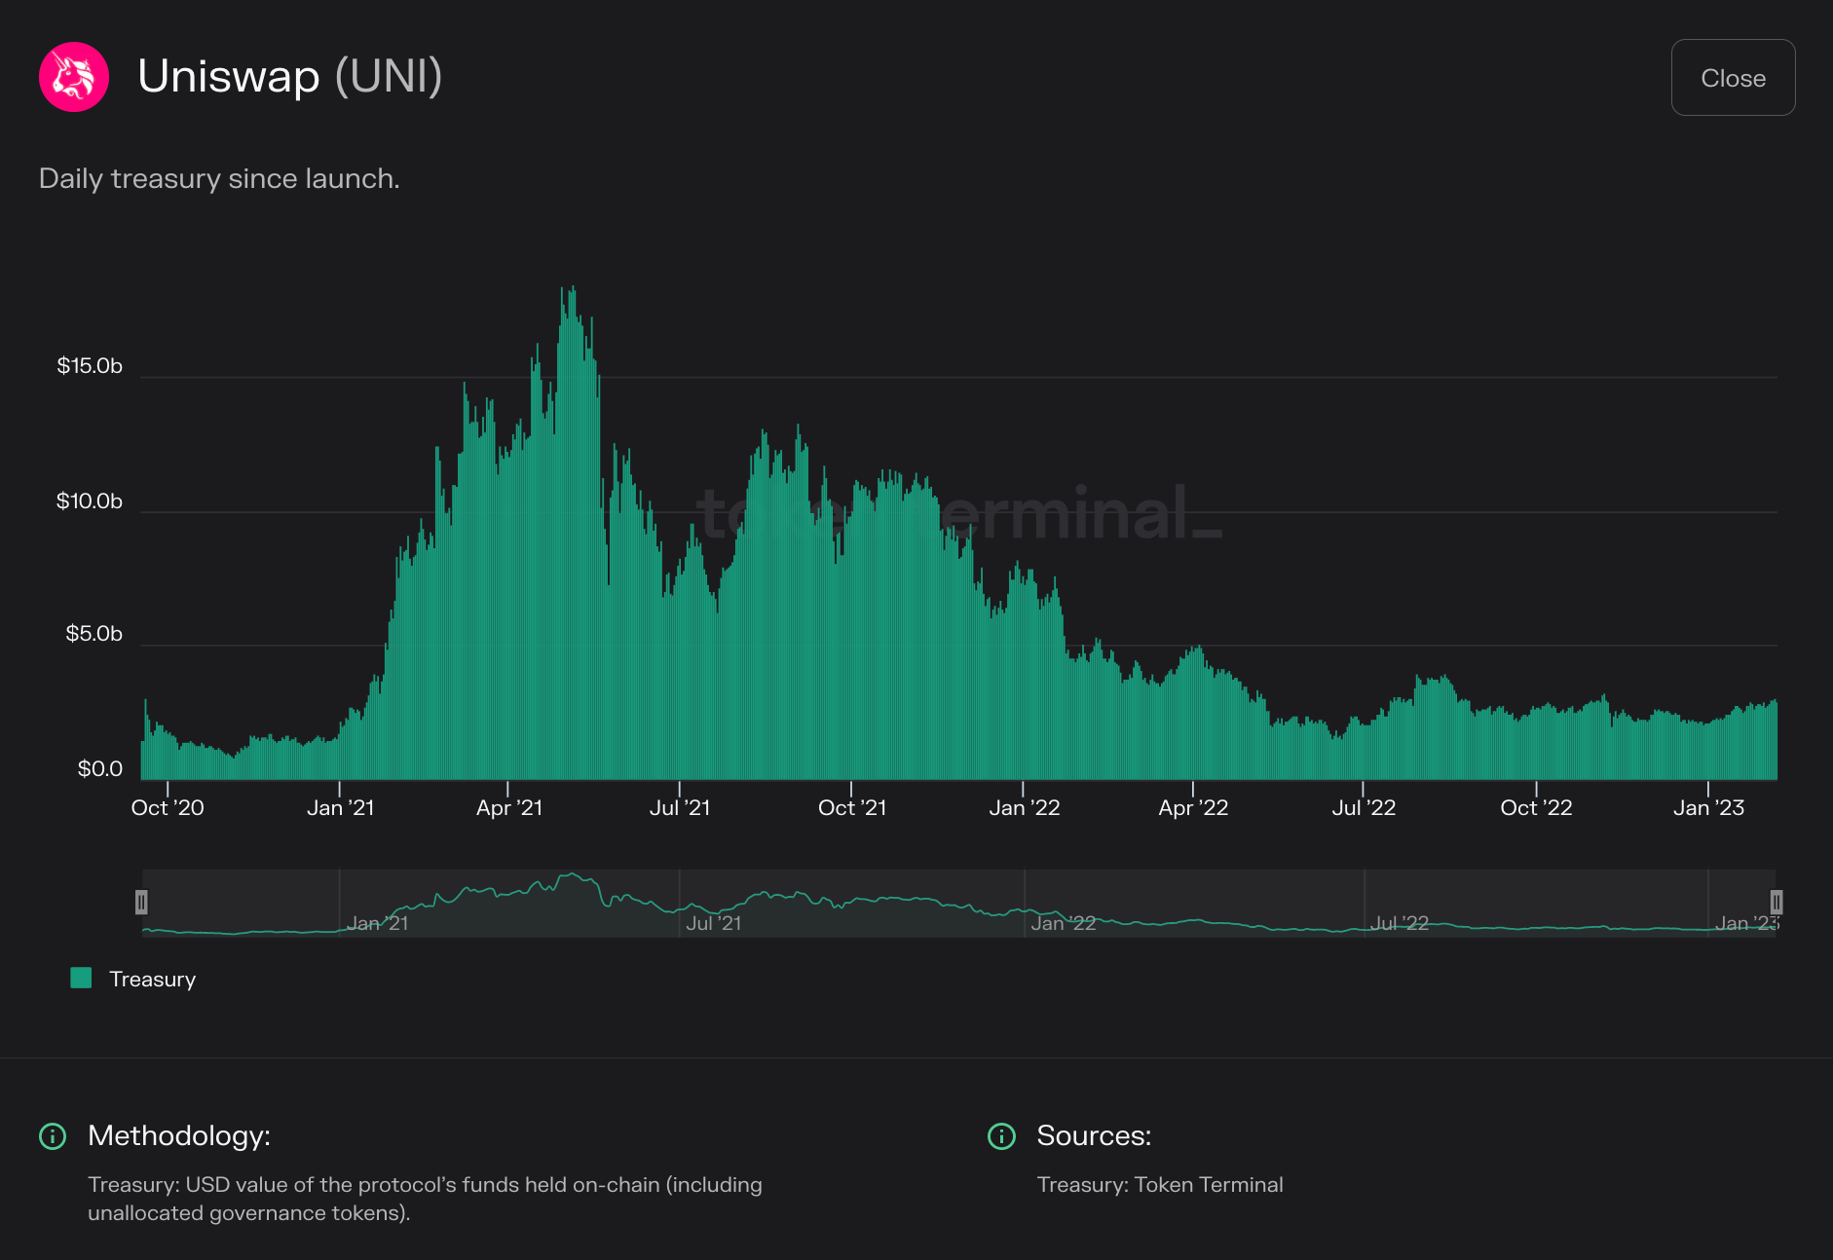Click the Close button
(x=1733, y=78)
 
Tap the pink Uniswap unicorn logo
(x=74, y=77)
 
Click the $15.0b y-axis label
(x=90, y=366)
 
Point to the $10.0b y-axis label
(x=90, y=501)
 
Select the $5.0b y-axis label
(x=94, y=634)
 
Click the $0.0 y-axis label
(x=99, y=769)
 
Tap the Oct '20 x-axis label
(x=168, y=808)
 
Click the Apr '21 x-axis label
(x=508, y=808)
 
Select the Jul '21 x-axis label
(x=680, y=808)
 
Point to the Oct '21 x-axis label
(x=852, y=808)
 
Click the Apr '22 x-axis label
(x=1193, y=808)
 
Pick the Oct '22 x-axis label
(x=1536, y=808)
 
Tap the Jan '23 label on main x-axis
(x=1708, y=808)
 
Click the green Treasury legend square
(x=82, y=979)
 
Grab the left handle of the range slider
(x=141, y=903)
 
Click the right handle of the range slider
(x=1776, y=903)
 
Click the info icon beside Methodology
(x=53, y=1136)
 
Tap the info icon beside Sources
(x=1001, y=1136)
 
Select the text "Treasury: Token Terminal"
(x=1159, y=1185)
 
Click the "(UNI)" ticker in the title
(x=389, y=76)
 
